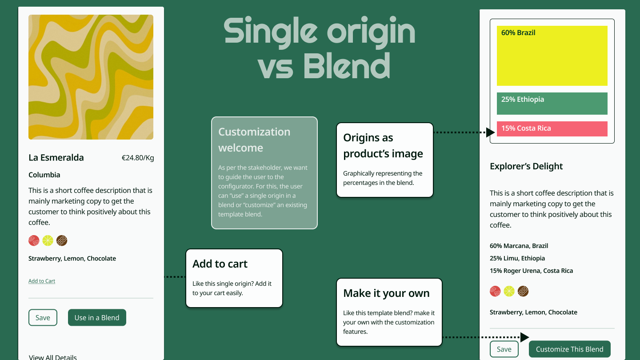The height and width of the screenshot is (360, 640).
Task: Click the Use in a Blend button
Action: (97, 317)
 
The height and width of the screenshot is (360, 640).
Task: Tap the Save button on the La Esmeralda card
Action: (43, 317)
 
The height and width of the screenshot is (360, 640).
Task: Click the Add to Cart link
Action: (42, 281)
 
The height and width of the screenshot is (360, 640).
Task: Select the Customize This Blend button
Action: (569, 349)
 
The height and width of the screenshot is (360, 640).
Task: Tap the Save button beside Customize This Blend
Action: (504, 349)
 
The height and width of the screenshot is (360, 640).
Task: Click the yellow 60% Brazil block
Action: (552, 56)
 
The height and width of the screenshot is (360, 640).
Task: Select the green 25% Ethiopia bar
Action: (552, 104)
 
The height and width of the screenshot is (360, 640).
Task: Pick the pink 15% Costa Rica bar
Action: (552, 129)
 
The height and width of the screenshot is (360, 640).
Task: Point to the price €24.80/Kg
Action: (138, 158)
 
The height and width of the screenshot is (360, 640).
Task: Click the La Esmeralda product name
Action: (56, 157)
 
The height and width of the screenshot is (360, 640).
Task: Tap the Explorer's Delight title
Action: (526, 166)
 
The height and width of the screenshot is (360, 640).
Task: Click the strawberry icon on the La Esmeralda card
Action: (34, 240)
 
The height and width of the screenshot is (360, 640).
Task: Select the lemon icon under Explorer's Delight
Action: (509, 292)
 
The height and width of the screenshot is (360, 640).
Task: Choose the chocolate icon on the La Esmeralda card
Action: (62, 240)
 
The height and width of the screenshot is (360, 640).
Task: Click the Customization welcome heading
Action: (254, 140)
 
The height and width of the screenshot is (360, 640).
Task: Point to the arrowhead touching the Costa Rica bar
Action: (490, 132)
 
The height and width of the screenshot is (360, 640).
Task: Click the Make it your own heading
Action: (386, 293)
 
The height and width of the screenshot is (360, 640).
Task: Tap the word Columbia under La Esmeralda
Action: (44, 175)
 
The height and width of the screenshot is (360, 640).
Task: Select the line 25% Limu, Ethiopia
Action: (517, 258)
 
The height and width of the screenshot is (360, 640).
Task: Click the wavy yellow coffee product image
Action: (91, 77)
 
